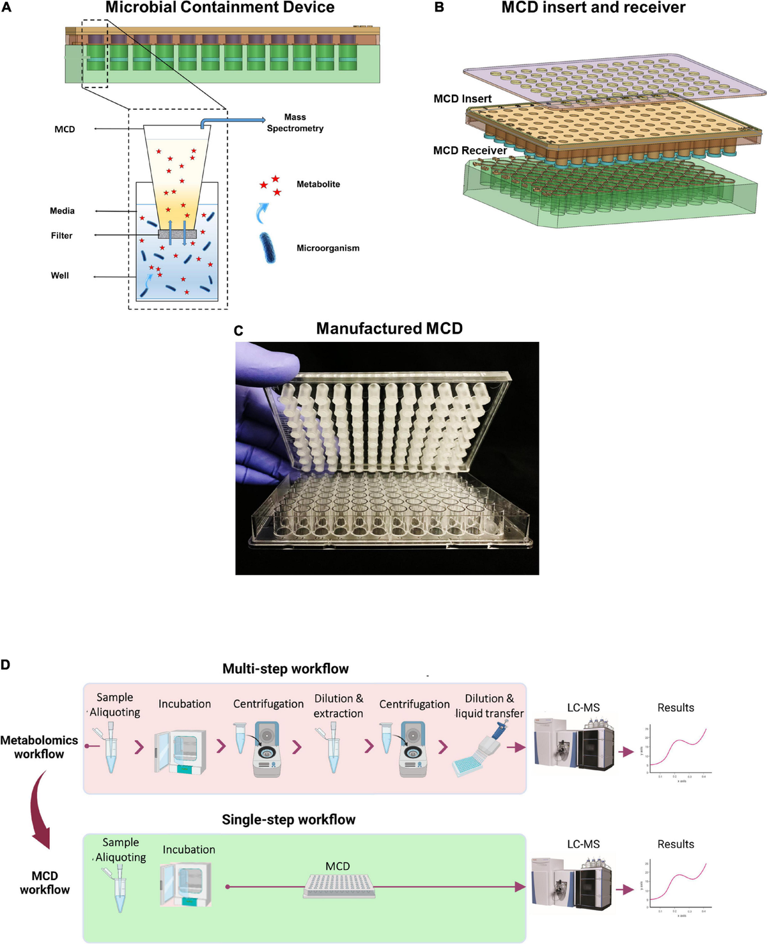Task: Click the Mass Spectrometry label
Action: coord(295,123)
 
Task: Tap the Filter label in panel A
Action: coord(62,236)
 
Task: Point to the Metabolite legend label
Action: coord(318,184)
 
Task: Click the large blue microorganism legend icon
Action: coord(268,248)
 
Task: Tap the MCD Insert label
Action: coord(462,98)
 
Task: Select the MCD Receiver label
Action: coord(470,150)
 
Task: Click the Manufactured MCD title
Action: coord(389,329)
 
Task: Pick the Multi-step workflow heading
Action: coord(286,669)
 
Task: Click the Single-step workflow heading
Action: coord(288,819)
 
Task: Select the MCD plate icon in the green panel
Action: coord(339,886)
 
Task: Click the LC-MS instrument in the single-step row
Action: coord(572,885)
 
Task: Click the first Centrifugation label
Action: coord(268,704)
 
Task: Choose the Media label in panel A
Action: coord(63,211)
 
